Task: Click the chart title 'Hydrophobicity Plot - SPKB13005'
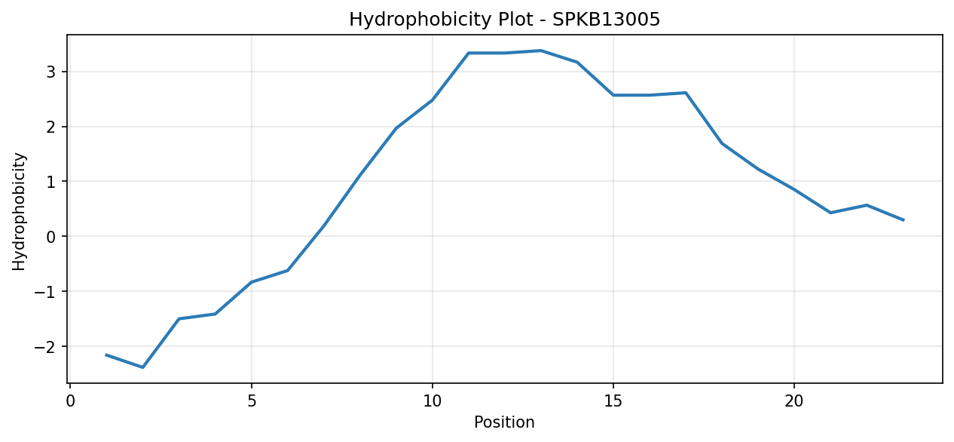tap(504, 20)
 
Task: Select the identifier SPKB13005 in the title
tap(606, 20)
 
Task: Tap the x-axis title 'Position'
tap(504, 422)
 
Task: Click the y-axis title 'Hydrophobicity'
tap(19, 212)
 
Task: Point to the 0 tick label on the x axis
tap(71, 401)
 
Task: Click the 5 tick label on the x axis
tap(252, 401)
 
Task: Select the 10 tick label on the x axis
tap(433, 401)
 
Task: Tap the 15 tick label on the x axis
tap(613, 401)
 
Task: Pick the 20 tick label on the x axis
tap(793, 401)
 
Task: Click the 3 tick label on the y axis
tap(51, 72)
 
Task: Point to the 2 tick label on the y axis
tap(51, 127)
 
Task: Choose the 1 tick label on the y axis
tap(51, 182)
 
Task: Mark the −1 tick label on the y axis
tap(45, 292)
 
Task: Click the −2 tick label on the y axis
tap(45, 346)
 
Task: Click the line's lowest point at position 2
tap(142, 367)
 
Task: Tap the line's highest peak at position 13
tap(541, 51)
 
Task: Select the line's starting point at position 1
tap(106, 355)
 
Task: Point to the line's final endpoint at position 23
tap(903, 220)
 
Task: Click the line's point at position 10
tap(433, 100)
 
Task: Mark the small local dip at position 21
tap(830, 212)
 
